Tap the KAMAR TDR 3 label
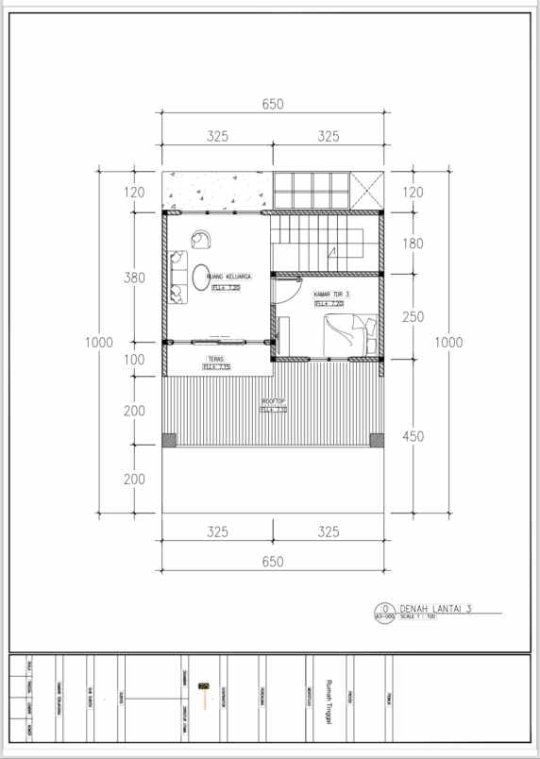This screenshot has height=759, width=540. (x=331, y=295)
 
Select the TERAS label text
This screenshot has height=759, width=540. (x=217, y=359)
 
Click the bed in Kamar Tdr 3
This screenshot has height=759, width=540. (x=351, y=335)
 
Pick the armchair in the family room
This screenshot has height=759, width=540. (x=201, y=239)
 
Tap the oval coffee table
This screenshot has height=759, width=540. (x=203, y=278)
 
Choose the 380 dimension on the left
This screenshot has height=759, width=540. (x=134, y=278)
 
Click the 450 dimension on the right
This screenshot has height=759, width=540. (x=413, y=436)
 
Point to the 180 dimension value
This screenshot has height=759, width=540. (x=413, y=244)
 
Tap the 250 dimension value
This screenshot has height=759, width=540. (x=413, y=317)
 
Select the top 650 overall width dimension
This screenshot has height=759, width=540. (x=273, y=105)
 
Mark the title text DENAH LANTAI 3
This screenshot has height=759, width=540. (x=434, y=608)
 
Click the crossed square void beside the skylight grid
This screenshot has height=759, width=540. (x=367, y=191)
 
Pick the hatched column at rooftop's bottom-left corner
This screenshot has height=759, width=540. (x=168, y=440)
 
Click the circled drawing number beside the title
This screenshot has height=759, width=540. (x=384, y=609)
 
